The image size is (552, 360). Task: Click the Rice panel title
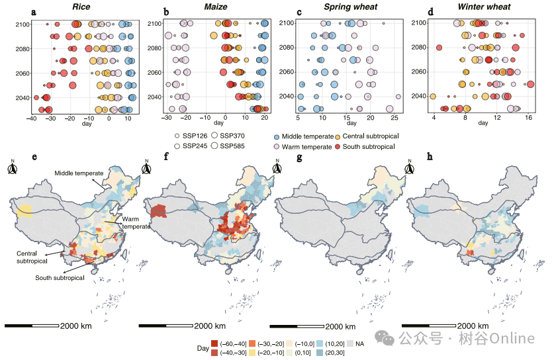(x=81, y=7)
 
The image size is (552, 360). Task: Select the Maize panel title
(x=216, y=7)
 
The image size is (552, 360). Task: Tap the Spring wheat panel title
(x=351, y=7)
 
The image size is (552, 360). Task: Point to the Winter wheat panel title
(x=484, y=7)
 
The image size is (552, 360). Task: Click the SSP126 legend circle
(x=177, y=136)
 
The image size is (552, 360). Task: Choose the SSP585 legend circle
(x=214, y=146)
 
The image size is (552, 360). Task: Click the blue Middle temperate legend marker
(x=277, y=137)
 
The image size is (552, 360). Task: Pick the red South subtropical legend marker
(x=338, y=146)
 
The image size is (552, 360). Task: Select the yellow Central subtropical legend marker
(x=338, y=136)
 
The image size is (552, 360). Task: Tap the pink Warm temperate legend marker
(x=277, y=147)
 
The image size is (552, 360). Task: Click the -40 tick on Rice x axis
(x=31, y=118)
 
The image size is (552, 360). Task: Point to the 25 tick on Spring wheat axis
(x=394, y=118)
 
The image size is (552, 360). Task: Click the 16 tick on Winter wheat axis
(x=528, y=118)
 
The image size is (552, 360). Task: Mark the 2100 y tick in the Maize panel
(x=154, y=24)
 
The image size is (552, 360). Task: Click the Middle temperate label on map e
(x=79, y=173)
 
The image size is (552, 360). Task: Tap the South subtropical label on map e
(x=60, y=278)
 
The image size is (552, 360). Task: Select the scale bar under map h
(x=429, y=326)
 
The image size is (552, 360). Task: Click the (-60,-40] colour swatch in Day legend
(x=214, y=343)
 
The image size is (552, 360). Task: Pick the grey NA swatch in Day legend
(x=350, y=343)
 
